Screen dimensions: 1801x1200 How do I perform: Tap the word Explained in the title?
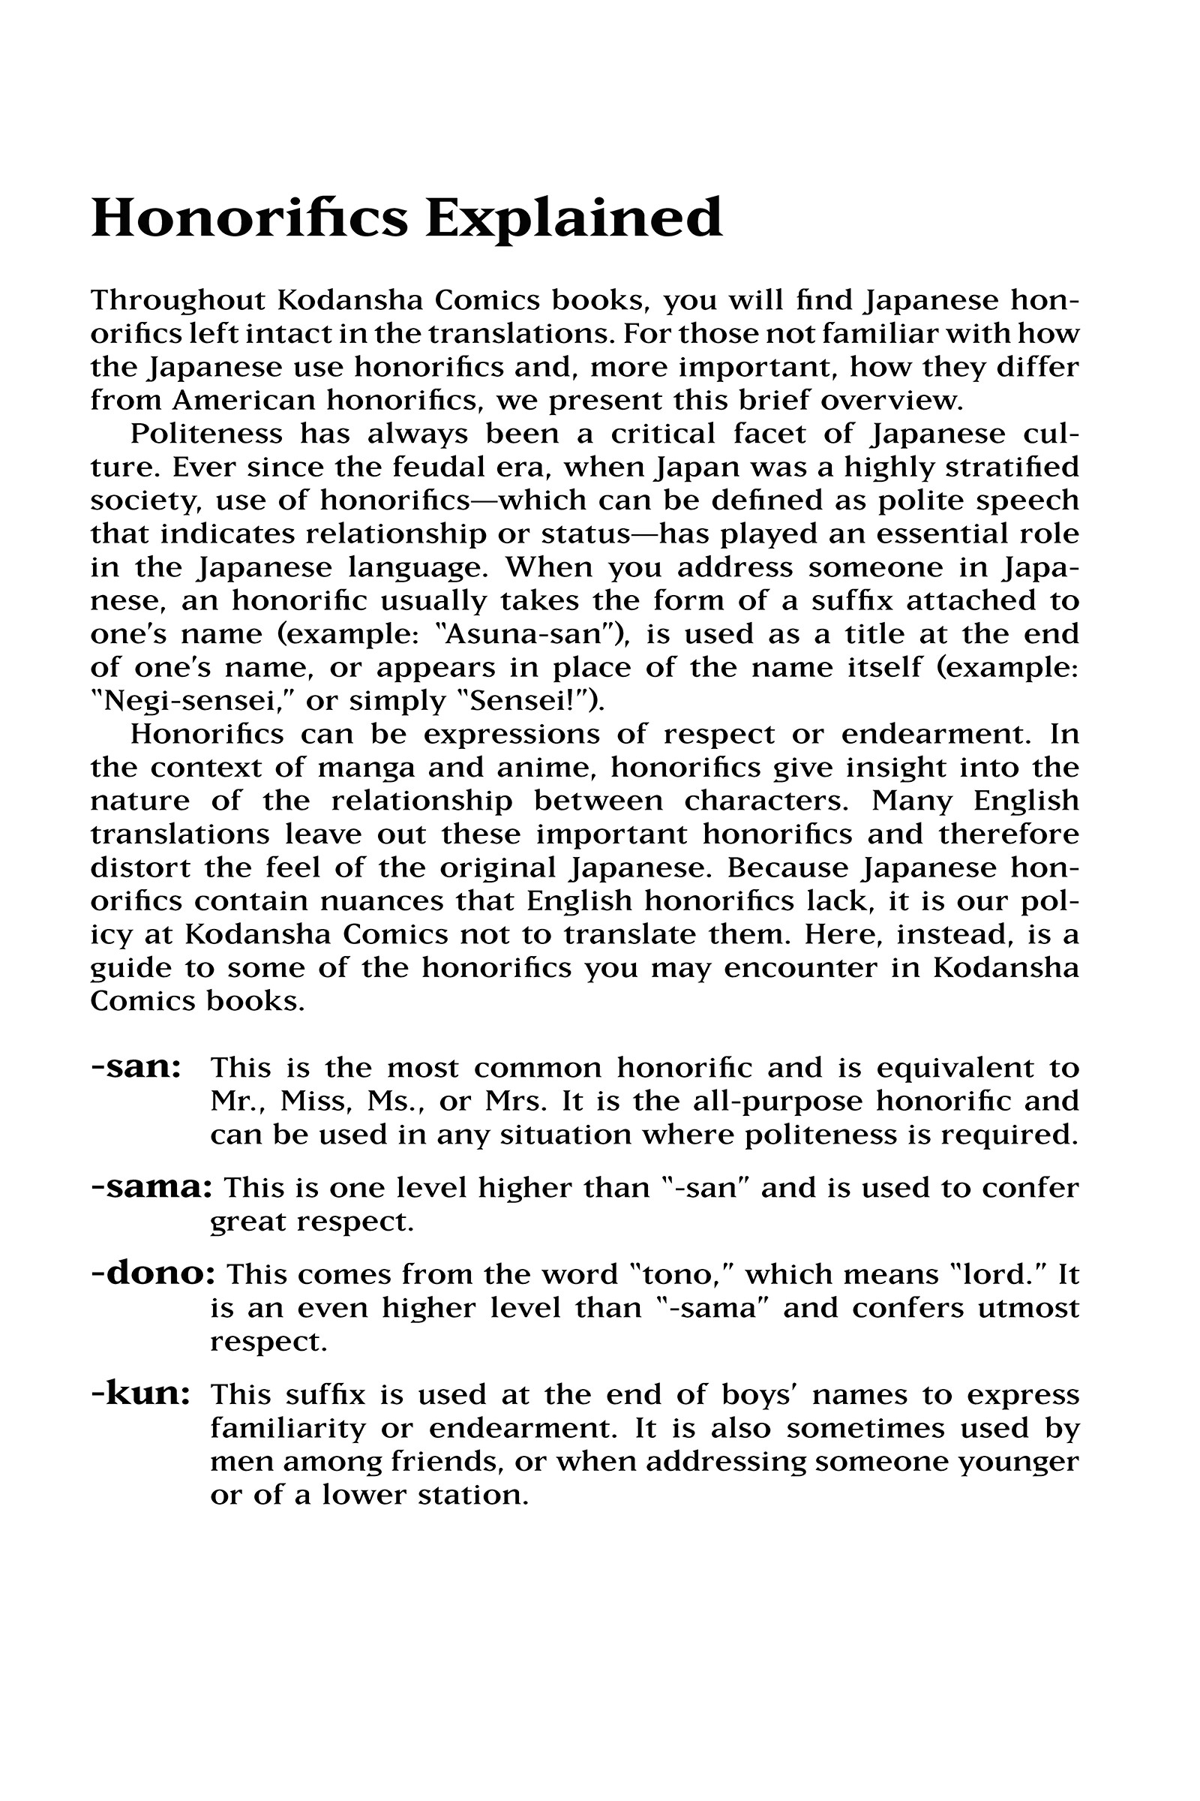pyautogui.click(x=574, y=221)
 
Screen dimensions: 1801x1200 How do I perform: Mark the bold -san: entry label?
pyautogui.click(x=136, y=1066)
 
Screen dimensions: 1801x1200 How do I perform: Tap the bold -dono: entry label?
pyautogui.click(x=153, y=1275)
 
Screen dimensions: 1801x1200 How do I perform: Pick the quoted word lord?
pyautogui.click(x=1003, y=1275)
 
